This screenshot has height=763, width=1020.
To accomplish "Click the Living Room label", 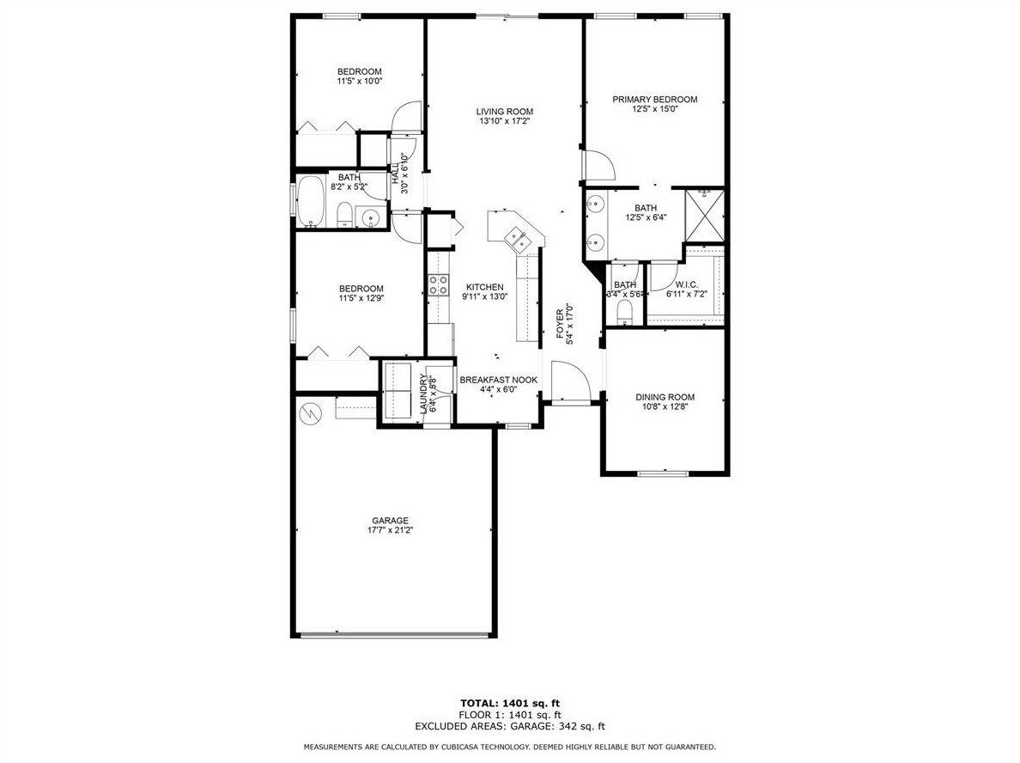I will click(506, 112).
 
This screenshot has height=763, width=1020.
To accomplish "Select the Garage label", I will click(390, 521).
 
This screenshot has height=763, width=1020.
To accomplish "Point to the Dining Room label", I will click(665, 397).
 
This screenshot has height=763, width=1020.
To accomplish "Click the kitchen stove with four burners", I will click(439, 284).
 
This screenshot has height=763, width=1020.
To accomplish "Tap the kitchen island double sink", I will click(517, 238).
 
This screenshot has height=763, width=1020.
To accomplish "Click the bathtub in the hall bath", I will click(312, 202).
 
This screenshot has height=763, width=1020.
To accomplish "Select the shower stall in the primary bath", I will click(705, 216).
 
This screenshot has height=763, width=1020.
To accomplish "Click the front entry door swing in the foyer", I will click(570, 381).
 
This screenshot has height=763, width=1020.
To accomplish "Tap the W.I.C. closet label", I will click(686, 285).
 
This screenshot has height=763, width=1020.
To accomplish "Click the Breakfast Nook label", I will click(498, 380).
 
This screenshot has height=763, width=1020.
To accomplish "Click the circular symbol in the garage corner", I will click(308, 414).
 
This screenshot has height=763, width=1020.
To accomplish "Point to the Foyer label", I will click(560, 323).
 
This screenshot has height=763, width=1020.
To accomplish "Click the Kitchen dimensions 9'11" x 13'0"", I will click(484, 297).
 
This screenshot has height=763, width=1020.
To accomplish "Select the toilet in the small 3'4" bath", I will click(624, 310).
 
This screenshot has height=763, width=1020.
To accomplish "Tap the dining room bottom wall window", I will click(664, 473).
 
